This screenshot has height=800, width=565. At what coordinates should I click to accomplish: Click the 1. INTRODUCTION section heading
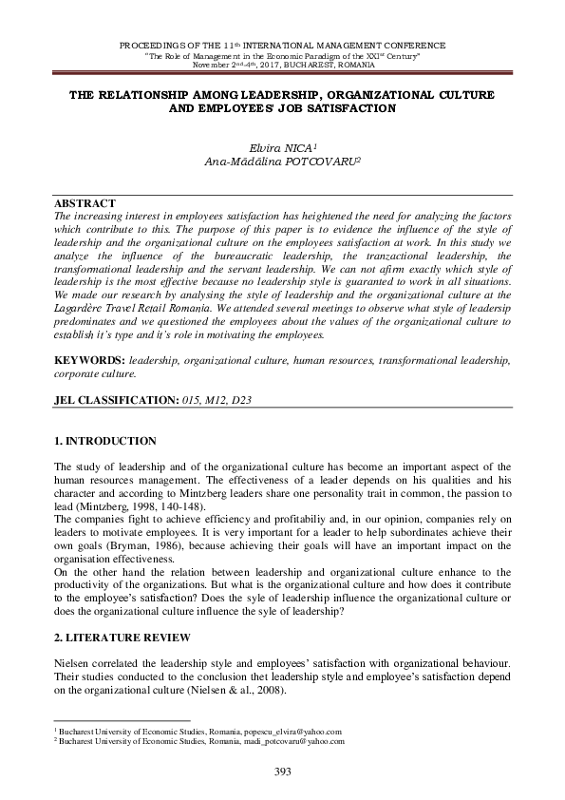tap(105, 442)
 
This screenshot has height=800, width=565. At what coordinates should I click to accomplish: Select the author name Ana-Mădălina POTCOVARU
tap(281, 162)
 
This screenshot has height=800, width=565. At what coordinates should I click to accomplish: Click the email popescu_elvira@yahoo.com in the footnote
tap(296, 732)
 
